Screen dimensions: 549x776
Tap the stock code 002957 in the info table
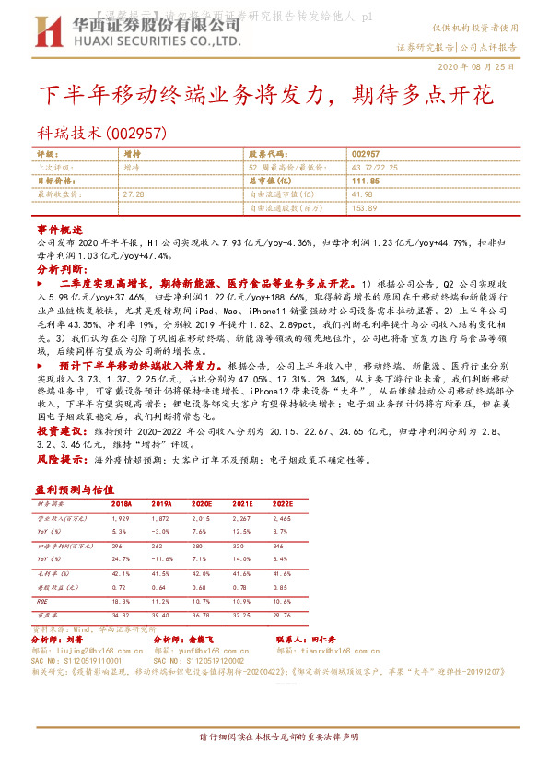[366, 153]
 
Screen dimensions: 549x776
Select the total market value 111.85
[366, 181]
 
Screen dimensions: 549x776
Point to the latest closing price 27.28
[134, 194]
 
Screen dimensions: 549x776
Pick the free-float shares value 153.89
[366, 208]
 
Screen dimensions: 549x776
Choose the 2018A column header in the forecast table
[122, 505]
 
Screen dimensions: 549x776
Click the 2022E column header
[283, 505]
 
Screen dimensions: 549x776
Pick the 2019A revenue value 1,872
[162, 519]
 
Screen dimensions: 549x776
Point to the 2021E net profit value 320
[241, 546]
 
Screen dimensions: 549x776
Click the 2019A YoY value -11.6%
[162, 558]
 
